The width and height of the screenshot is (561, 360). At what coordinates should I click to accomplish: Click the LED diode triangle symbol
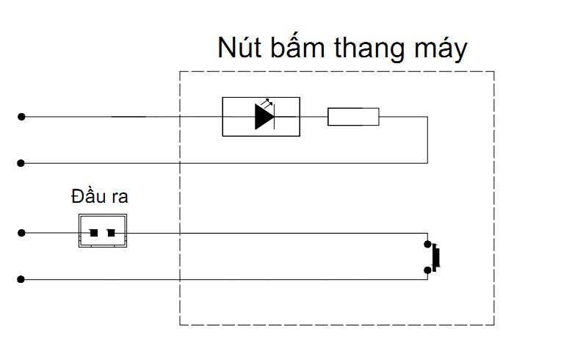[x=264, y=117]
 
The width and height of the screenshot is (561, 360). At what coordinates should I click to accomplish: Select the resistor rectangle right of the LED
[x=353, y=116]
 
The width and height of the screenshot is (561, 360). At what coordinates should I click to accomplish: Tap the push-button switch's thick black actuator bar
[x=438, y=257]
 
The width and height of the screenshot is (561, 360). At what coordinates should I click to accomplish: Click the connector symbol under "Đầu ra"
[x=103, y=231]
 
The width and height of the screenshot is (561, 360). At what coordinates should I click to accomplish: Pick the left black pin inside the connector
[x=94, y=233]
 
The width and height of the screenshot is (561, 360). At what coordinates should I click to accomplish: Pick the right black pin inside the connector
[x=112, y=233]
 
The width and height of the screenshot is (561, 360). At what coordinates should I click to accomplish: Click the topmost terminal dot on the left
[x=22, y=116]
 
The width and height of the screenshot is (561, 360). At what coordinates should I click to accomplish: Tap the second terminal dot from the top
[x=22, y=162]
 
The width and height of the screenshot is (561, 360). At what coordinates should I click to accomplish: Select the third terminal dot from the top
[x=22, y=233]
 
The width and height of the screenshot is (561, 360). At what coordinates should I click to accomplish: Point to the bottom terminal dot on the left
[x=22, y=279]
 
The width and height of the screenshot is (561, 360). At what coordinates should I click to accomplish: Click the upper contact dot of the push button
[x=427, y=243]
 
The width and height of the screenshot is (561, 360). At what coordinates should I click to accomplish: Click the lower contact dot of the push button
[x=427, y=270]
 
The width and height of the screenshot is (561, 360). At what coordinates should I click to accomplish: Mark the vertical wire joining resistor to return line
[x=427, y=140]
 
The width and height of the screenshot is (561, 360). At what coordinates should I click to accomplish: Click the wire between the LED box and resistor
[x=314, y=116]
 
